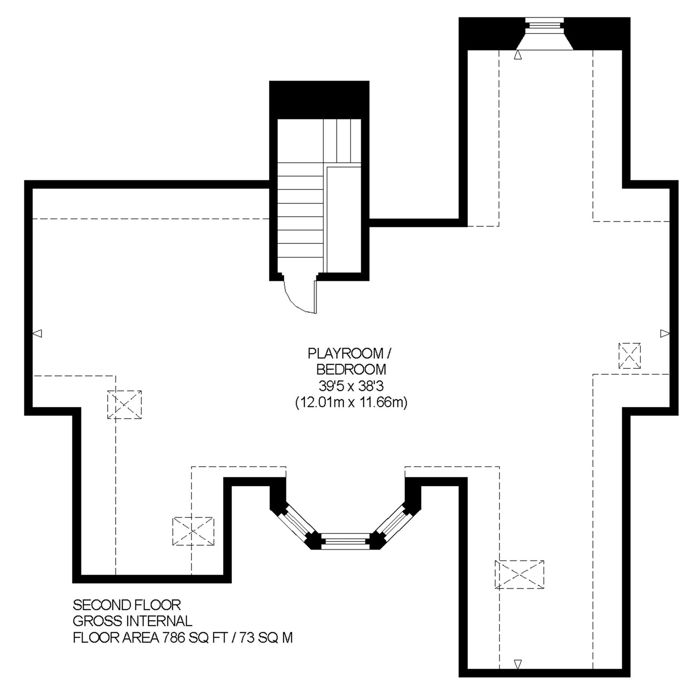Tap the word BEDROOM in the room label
[x=351, y=369]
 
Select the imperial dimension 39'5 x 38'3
[x=351, y=386]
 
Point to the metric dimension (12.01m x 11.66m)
[x=351, y=402]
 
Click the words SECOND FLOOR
[x=127, y=605]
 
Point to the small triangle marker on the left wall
[x=38, y=333]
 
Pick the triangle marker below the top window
[x=519, y=55]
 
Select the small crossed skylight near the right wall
[x=629, y=356]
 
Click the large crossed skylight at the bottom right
[x=519, y=575]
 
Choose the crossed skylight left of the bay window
[x=193, y=531]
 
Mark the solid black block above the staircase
[x=319, y=100]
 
